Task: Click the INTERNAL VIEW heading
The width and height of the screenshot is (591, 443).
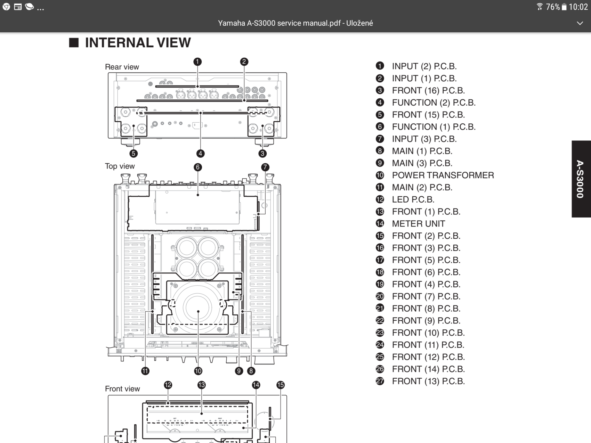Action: click(x=138, y=43)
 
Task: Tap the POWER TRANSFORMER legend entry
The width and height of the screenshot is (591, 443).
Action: click(x=443, y=175)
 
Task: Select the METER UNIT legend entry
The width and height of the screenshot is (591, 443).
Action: click(x=418, y=224)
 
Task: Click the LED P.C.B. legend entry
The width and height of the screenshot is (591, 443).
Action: click(x=413, y=199)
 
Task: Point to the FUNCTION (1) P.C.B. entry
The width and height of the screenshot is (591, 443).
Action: click(x=434, y=127)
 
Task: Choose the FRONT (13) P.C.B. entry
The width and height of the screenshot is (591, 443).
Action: click(x=428, y=381)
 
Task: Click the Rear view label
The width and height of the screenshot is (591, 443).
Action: click(x=122, y=67)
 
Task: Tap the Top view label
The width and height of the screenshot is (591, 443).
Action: click(x=120, y=166)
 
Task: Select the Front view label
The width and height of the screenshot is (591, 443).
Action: click(x=122, y=389)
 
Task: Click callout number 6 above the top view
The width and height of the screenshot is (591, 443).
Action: click(x=197, y=167)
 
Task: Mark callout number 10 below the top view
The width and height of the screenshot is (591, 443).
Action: click(x=198, y=371)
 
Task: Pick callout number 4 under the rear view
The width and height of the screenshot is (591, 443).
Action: click(x=200, y=153)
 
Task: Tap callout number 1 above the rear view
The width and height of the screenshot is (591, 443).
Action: click(x=197, y=62)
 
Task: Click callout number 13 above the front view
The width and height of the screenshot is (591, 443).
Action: click(x=201, y=385)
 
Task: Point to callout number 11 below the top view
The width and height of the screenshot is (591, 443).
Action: click(x=145, y=371)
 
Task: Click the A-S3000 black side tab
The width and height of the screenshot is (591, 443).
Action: click(x=581, y=179)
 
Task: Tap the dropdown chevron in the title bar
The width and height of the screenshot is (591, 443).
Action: click(x=580, y=23)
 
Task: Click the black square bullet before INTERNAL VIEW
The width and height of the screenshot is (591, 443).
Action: click(x=74, y=43)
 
